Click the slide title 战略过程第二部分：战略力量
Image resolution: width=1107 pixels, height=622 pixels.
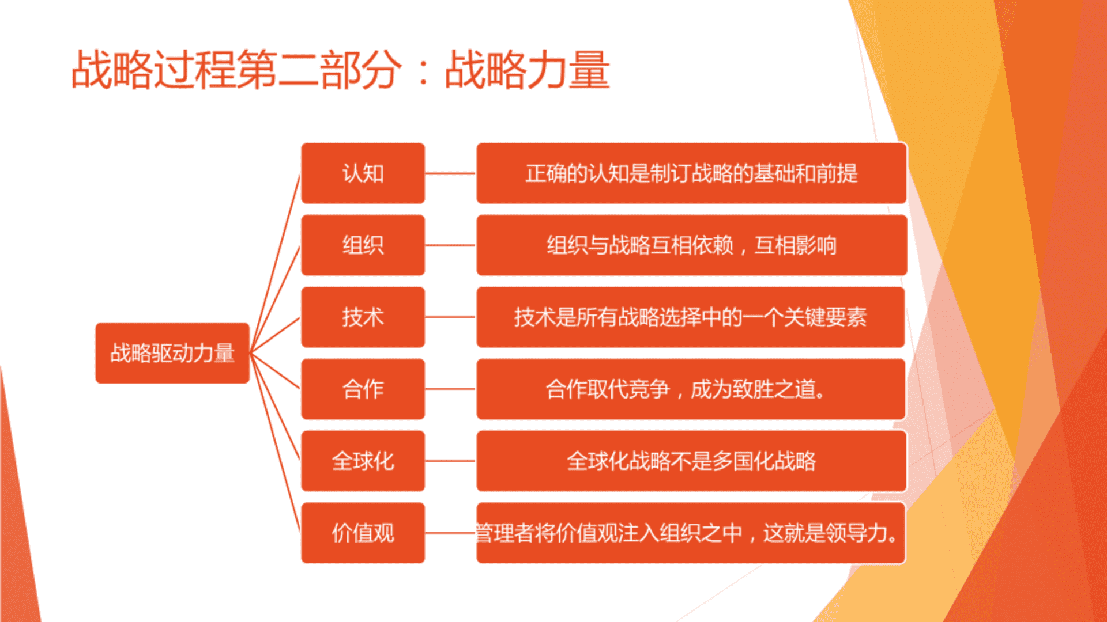point(340,70)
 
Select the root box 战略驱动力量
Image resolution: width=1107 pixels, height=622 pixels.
point(172,353)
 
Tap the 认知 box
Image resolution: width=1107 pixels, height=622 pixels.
point(363,173)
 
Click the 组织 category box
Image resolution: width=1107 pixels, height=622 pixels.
point(363,245)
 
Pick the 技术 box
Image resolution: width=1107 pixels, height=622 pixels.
point(363,317)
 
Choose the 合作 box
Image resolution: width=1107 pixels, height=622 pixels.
point(363,389)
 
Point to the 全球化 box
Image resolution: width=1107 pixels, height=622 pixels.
point(363,461)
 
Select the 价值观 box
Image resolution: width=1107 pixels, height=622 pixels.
point(363,533)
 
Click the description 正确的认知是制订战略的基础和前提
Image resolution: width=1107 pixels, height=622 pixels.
point(691,173)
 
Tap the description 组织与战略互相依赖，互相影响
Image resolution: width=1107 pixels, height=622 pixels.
point(691,245)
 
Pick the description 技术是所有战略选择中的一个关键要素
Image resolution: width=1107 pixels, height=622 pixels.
point(691,317)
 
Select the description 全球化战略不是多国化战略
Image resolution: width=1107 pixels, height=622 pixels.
point(691,461)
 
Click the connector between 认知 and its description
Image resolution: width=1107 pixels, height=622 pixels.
point(451,173)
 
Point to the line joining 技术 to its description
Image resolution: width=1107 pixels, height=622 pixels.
point(451,317)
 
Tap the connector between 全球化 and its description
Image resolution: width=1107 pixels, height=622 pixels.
point(451,461)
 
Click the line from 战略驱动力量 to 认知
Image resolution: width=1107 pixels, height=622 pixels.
point(276,263)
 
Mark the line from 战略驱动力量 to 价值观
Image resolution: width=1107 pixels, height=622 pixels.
point(276,443)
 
